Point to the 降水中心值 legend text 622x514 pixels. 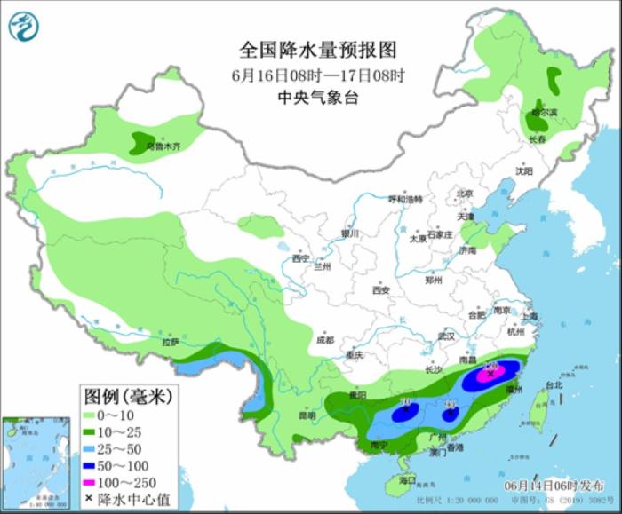(x=129, y=501)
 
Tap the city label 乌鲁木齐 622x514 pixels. (x=163, y=146)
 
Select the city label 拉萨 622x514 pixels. (x=170, y=342)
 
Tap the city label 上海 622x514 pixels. (x=530, y=315)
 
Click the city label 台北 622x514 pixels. (x=553, y=385)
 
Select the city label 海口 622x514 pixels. (x=408, y=480)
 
